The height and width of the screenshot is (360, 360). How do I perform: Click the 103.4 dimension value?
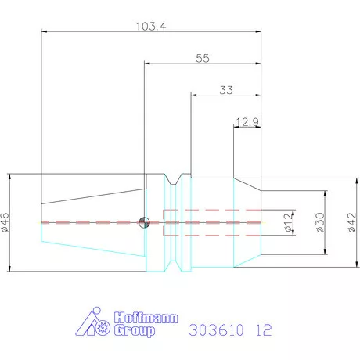click(x=150, y=26)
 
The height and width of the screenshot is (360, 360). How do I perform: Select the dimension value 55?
click(x=203, y=59)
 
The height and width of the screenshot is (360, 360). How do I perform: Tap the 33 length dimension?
click(x=226, y=90)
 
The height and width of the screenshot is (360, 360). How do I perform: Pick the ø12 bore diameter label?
click(x=287, y=222)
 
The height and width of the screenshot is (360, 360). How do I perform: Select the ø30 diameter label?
click(x=319, y=222)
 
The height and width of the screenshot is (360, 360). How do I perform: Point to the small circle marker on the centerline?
click(x=142, y=222)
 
